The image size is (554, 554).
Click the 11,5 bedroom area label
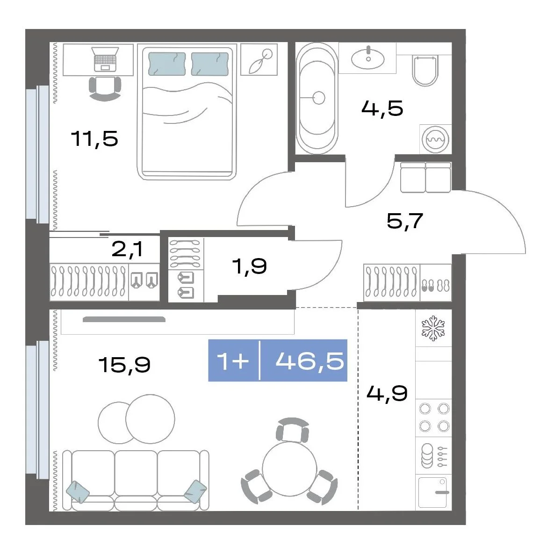(x=94, y=138)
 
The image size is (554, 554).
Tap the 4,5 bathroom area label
(x=382, y=108)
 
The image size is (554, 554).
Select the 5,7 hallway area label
(x=405, y=221)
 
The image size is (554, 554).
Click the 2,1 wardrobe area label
(x=128, y=250)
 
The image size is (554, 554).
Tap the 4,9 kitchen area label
(x=387, y=393)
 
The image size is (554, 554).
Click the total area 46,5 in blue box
(x=309, y=361)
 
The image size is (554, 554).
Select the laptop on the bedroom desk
(x=105, y=59)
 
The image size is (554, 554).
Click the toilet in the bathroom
(x=425, y=71)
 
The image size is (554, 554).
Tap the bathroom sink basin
(x=368, y=58)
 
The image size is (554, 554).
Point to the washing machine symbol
(x=436, y=140)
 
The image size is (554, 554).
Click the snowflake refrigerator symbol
(x=433, y=329)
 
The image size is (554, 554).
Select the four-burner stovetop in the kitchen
(x=434, y=418)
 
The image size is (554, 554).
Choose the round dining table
(x=289, y=469)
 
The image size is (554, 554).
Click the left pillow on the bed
(x=167, y=64)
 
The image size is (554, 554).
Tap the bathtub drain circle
(x=319, y=98)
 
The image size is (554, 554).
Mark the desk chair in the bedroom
(x=105, y=88)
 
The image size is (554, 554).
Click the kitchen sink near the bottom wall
(x=433, y=492)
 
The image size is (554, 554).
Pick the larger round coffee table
(x=150, y=419)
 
